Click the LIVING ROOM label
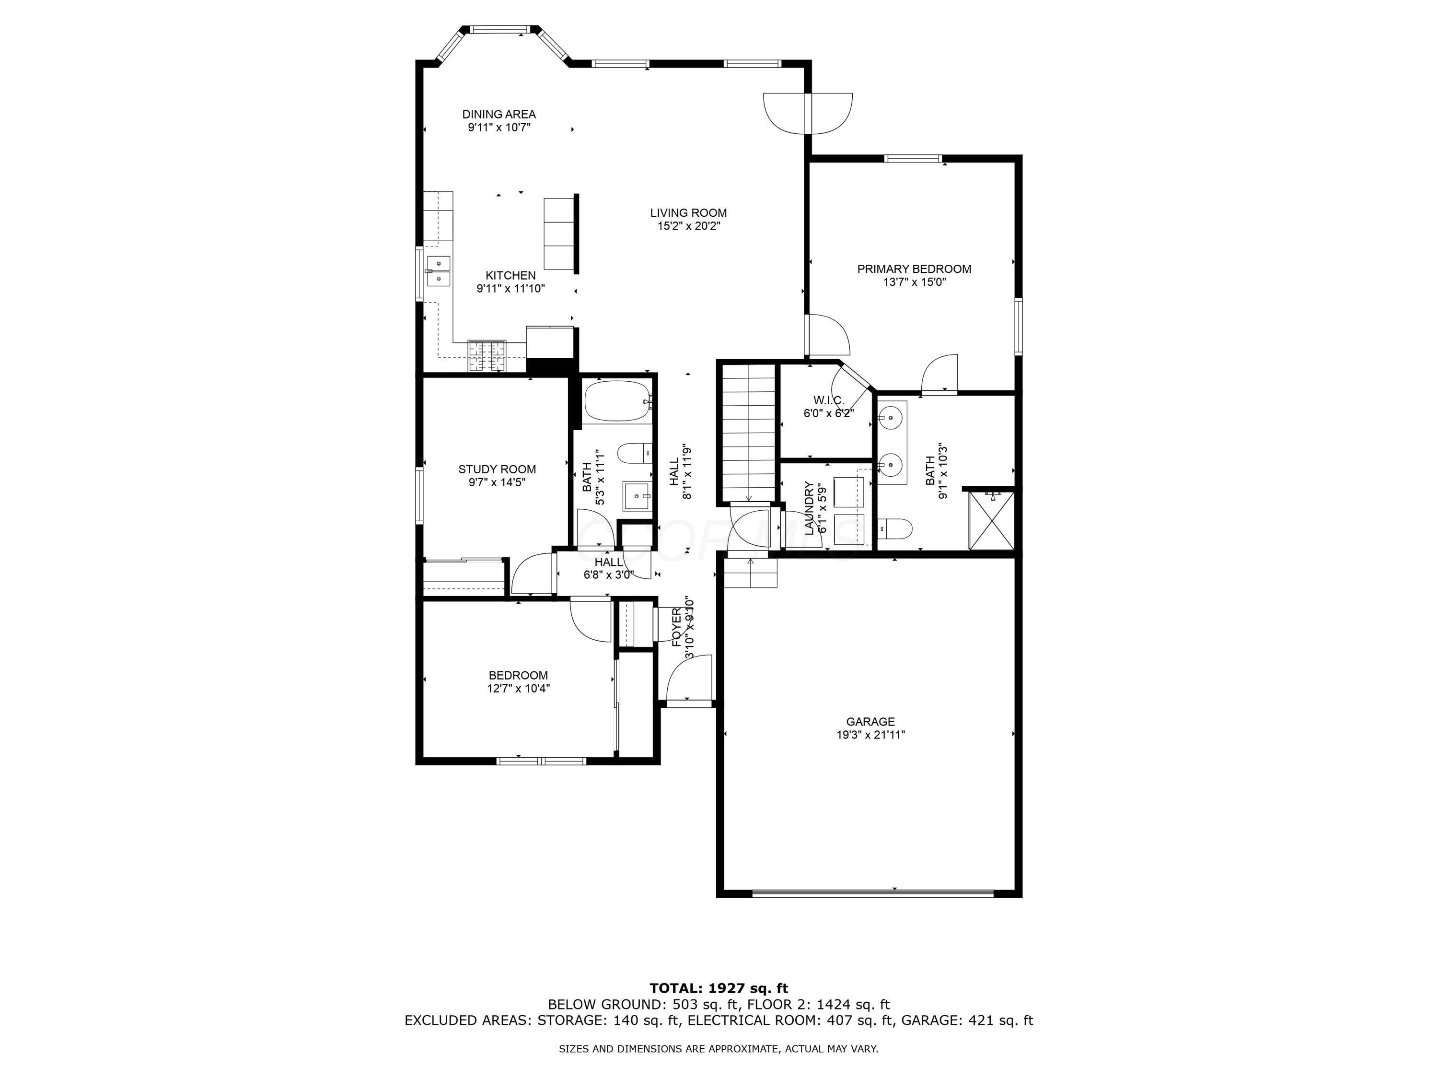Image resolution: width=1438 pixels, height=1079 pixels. tap(688, 212)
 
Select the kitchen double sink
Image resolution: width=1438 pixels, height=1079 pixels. tap(439, 270)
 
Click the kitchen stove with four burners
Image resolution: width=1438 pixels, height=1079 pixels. tap(486, 356)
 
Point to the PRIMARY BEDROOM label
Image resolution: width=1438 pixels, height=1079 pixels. tap(914, 269)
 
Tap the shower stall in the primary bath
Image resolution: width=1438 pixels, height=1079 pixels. tap(991, 520)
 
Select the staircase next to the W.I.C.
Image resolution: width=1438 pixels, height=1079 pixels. tap(748, 433)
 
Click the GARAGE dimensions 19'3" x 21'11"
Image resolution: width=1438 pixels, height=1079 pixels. tap(870, 736)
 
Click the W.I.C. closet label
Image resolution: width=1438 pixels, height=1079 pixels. tap(828, 400)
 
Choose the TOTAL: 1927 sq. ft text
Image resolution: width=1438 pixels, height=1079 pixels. tap(719, 988)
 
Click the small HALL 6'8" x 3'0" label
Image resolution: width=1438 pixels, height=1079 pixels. tap(608, 562)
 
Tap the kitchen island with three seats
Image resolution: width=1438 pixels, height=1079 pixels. tap(559, 234)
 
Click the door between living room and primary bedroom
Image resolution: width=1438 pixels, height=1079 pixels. tap(827, 335)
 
